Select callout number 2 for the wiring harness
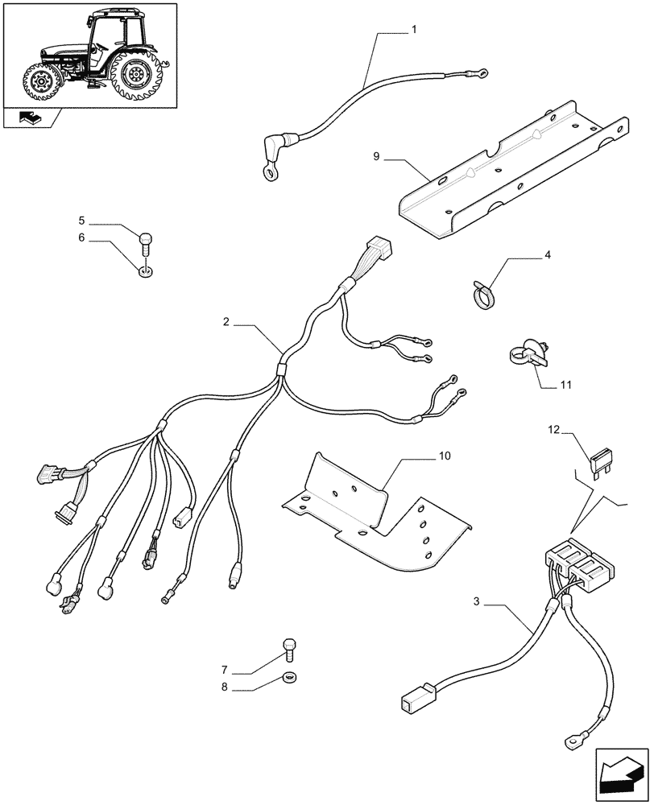[x=227, y=322]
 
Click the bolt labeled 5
[x=146, y=238]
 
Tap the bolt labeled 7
[x=290, y=646]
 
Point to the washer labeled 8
[x=289, y=676]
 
